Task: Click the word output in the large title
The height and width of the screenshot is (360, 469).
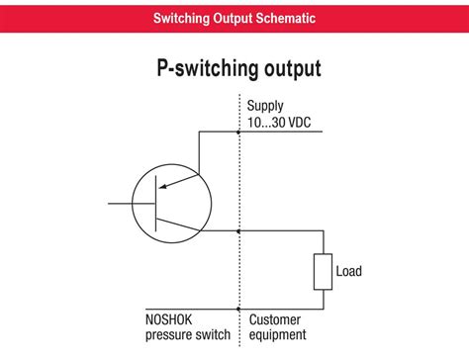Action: pyautogui.click(x=292, y=70)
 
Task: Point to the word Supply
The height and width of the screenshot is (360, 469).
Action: pyautogui.click(x=266, y=105)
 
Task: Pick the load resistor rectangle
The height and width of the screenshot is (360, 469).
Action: pyautogui.click(x=323, y=271)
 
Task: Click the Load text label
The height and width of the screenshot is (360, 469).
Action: pyautogui.click(x=349, y=270)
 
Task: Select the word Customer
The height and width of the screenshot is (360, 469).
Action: pyautogui.click(x=275, y=319)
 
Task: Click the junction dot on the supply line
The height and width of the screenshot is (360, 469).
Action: pyautogui.click(x=239, y=132)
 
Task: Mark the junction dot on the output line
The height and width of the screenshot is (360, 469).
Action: pyautogui.click(x=239, y=230)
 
